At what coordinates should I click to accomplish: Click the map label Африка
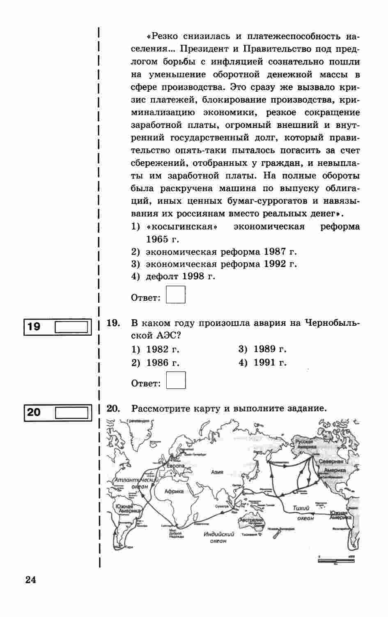click(x=174, y=491)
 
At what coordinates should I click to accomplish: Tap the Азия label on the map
click(x=217, y=472)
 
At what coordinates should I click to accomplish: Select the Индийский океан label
click(x=219, y=537)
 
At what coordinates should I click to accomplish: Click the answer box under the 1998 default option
click(x=176, y=295)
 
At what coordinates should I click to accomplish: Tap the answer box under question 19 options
click(x=176, y=380)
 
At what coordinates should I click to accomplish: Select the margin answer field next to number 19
click(x=71, y=327)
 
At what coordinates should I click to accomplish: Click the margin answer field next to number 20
click(x=71, y=413)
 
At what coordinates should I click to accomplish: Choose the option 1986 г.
click(x=163, y=363)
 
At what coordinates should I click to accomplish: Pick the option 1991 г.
click(x=270, y=363)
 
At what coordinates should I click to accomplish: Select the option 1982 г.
click(x=163, y=350)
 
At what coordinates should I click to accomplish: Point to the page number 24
click(x=31, y=580)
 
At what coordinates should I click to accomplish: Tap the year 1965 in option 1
click(x=157, y=239)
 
